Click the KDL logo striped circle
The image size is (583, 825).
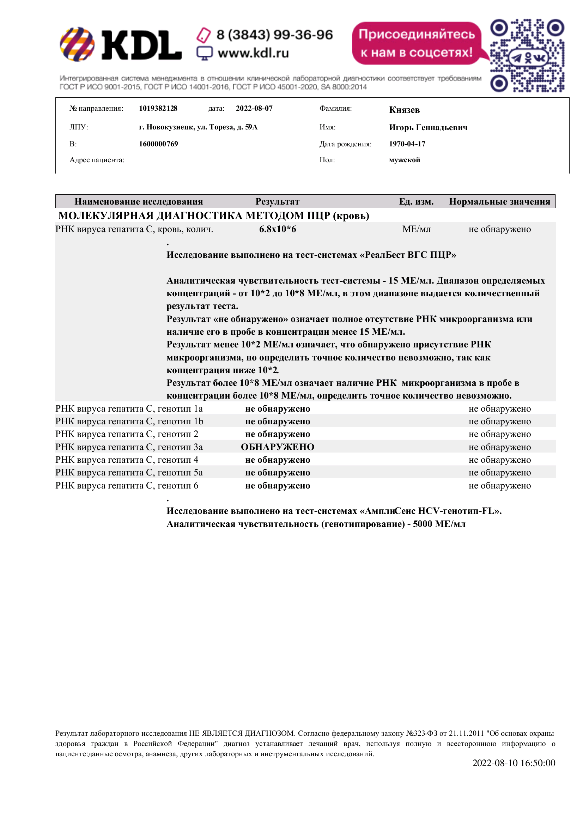pos(77,44)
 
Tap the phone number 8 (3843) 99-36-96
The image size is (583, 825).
pos(274,35)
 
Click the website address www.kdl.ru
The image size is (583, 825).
pos(253,53)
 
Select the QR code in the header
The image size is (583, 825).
pos(527,56)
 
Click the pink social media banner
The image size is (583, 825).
pos(417,43)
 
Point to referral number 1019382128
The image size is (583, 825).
pos(158,109)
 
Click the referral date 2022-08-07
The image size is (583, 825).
pos(254,109)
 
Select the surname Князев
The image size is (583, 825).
pos(404,110)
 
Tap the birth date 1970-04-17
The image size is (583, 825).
pos(407,144)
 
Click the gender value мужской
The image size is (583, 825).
pos(405,160)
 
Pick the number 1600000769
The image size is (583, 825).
pos(158,144)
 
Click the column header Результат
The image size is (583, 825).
pos(277,202)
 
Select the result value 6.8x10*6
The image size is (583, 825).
pos(277,229)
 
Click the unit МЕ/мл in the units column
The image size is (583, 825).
pos(416,229)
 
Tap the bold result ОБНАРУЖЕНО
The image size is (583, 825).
pos(277,447)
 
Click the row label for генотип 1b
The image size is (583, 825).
pos(129,421)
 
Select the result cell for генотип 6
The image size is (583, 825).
pos(277,485)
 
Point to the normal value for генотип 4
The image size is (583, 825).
pos(499,460)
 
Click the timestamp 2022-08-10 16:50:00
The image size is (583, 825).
pos(514,763)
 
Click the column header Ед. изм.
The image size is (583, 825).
pos(416,202)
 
